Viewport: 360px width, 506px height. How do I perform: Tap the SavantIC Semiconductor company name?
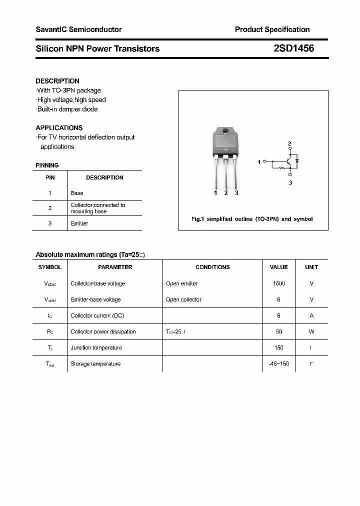(78, 29)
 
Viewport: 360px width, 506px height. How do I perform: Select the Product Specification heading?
(272, 29)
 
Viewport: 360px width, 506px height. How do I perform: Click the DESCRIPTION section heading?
(57, 81)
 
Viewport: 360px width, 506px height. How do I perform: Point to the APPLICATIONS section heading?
(59, 128)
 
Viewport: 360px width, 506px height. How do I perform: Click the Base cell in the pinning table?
(77, 193)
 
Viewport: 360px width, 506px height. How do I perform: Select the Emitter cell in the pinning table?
(79, 223)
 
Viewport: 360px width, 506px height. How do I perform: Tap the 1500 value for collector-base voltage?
(279, 283)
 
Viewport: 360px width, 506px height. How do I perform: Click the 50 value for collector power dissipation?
(279, 331)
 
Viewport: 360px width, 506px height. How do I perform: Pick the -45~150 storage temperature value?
(278, 364)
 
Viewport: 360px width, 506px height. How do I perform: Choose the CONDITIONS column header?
(212, 267)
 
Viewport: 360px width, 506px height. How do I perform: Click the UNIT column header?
(311, 267)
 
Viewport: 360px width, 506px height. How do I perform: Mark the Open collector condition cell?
(183, 299)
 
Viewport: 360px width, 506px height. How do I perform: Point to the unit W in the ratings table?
(311, 331)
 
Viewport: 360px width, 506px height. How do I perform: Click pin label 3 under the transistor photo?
(236, 193)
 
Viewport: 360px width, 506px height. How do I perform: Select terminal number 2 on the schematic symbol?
(289, 144)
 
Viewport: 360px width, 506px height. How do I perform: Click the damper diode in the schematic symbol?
(297, 161)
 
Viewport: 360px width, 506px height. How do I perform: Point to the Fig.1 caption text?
(252, 219)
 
